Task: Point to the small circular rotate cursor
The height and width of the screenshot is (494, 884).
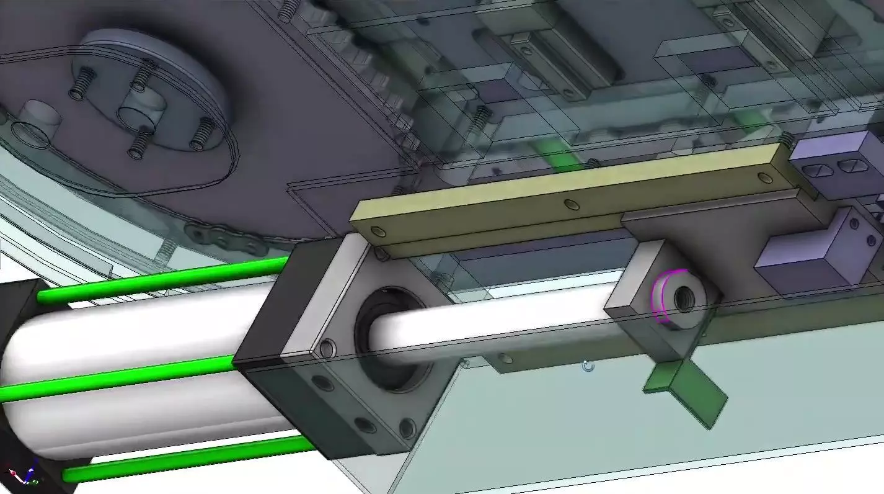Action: point(588,366)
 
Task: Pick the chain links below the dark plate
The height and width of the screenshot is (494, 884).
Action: point(223,239)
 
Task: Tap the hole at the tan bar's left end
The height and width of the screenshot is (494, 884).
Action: point(378,232)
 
